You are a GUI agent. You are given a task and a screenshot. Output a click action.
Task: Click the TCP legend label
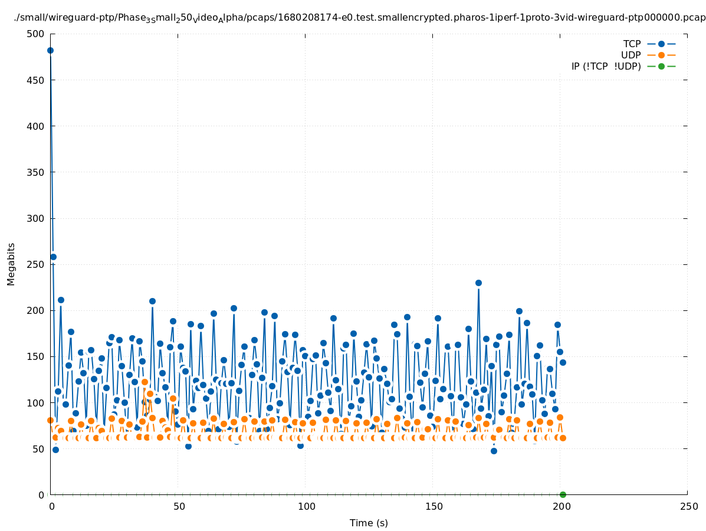[632, 44]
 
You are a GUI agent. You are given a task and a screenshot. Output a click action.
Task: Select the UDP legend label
[631, 55]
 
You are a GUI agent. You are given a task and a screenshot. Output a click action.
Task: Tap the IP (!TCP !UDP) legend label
[606, 66]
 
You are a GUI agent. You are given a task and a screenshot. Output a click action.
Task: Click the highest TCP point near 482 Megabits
[50, 50]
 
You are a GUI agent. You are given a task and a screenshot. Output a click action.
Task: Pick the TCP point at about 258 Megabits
[53, 257]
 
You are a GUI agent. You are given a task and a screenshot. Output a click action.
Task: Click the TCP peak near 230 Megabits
[478, 283]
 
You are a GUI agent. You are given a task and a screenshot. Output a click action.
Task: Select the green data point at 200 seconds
[563, 494]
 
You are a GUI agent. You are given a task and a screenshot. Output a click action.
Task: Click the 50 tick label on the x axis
[179, 506]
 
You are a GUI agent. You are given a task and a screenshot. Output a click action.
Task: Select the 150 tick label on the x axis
[434, 506]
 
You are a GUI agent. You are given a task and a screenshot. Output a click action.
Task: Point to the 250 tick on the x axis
[688, 506]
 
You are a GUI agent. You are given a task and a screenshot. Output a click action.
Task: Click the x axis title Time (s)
[369, 523]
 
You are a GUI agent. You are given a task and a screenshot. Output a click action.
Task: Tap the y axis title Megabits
[11, 264]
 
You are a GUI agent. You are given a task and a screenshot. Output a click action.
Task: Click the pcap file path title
[360, 18]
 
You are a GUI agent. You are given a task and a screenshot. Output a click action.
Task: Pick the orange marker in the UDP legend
[661, 55]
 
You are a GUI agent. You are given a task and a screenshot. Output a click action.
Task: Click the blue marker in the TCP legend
[661, 44]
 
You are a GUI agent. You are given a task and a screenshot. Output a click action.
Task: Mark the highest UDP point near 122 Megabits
[145, 382]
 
